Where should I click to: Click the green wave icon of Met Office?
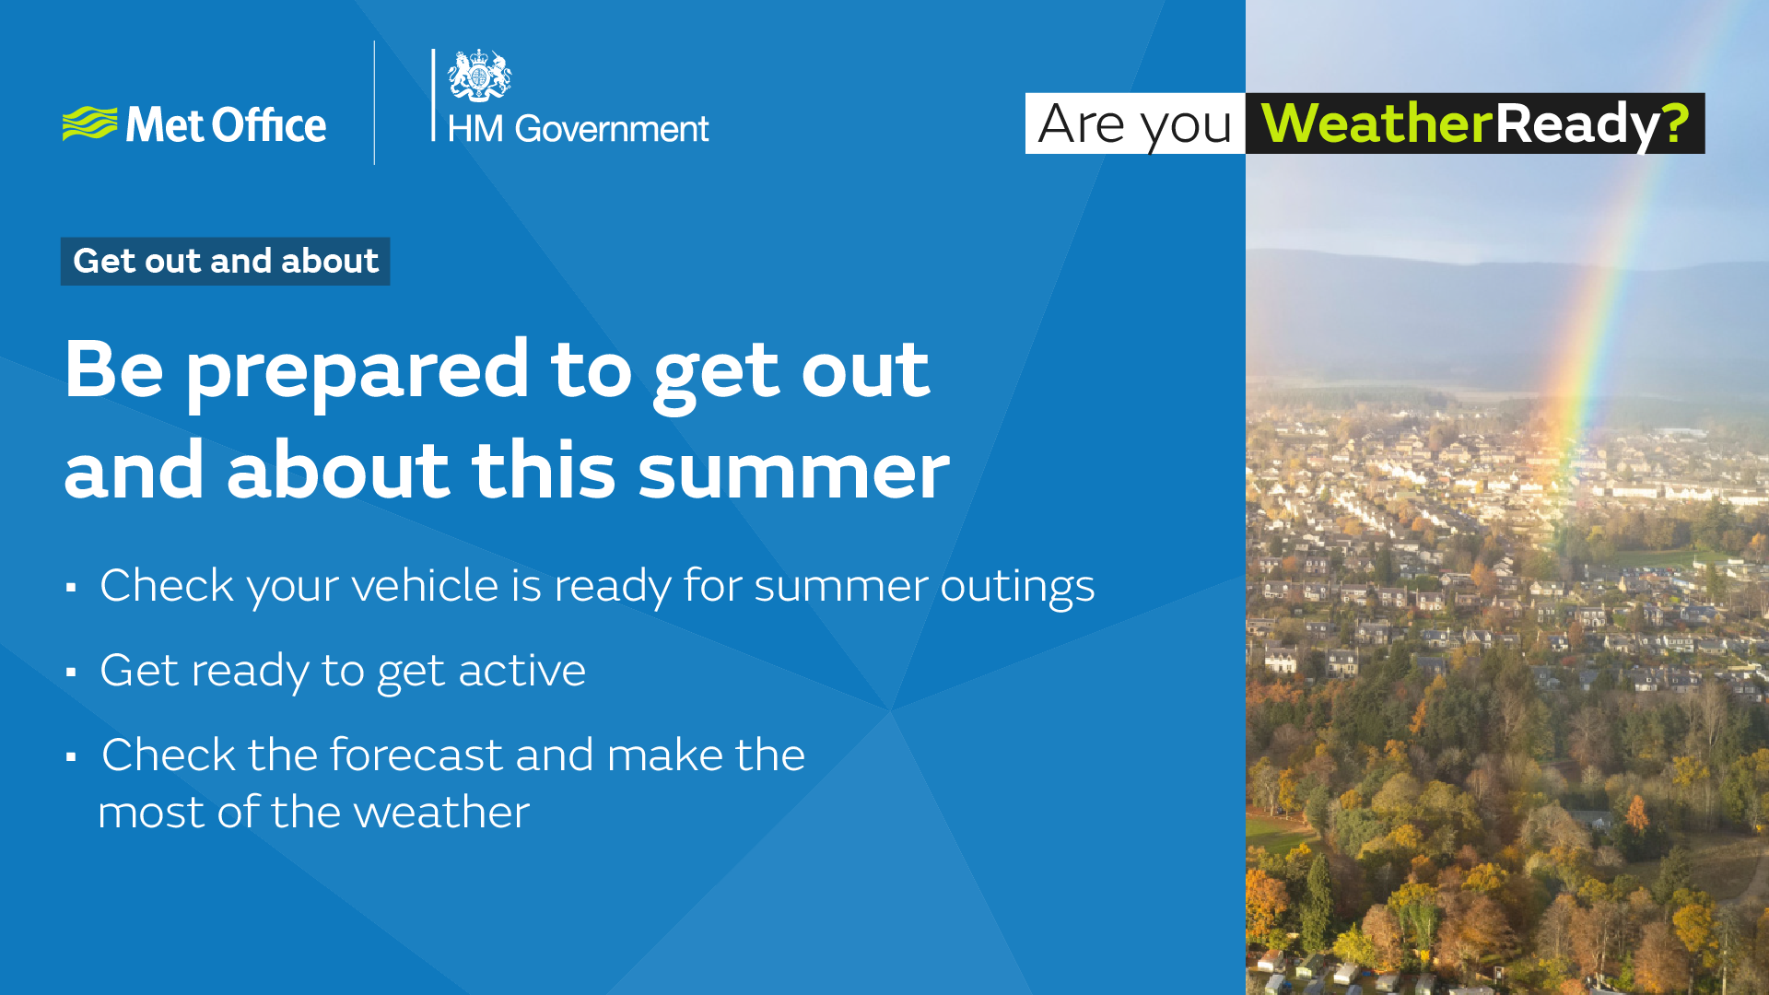pyautogui.click(x=89, y=124)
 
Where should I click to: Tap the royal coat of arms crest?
pyautogui.click(x=479, y=76)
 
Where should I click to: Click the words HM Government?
pyautogui.click(x=578, y=129)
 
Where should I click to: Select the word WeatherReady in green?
pyautogui.click(x=1376, y=123)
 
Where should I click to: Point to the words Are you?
pyautogui.click(x=1134, y=125)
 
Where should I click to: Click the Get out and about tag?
pyautogui.click(x=226, y=261)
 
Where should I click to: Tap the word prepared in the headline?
pyautogui.click(x=357, y=372)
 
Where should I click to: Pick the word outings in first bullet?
pyautogui.click(x=1017, y=588)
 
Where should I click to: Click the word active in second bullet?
pyautogui.click(x=521, y=670)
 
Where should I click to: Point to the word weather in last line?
pyautogui.click(x=441, y=813)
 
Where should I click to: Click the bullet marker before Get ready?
pyautogui.click(x=71, y=672)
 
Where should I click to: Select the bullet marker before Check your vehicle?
pyautogui.click(x=71, y=587)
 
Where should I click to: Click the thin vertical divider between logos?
pyautogui.click(x=374, y=102)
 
